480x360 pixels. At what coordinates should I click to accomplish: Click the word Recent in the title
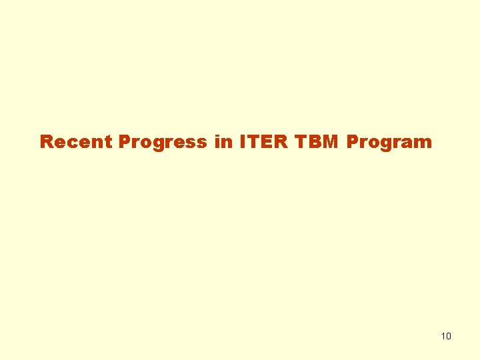pyautogui.click(x=77, y=142)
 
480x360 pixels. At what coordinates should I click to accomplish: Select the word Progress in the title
pyautogui.click(x=163, y=142)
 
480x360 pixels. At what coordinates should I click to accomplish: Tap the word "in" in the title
pyautogui.click(x=223, y=142)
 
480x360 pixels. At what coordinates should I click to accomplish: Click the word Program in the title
pyautogui.click(x=389, y=142)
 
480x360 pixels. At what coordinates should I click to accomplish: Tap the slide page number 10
pyautogui.click(x=446, y=336)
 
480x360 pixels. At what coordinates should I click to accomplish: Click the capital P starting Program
pyautogui.click(x=352, y=142)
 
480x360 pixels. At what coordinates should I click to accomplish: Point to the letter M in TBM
pyautogui.click(x=330, y=142)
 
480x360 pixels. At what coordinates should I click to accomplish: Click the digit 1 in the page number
pyautogui.click(x=443, y=336)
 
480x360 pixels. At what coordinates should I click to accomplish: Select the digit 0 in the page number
pyautogui.click(x=449, y=336)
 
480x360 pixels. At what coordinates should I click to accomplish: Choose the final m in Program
pyautogui.click(x=423, y=143)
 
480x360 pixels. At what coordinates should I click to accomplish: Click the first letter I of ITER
pyautogui.click(x=241, y=142)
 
